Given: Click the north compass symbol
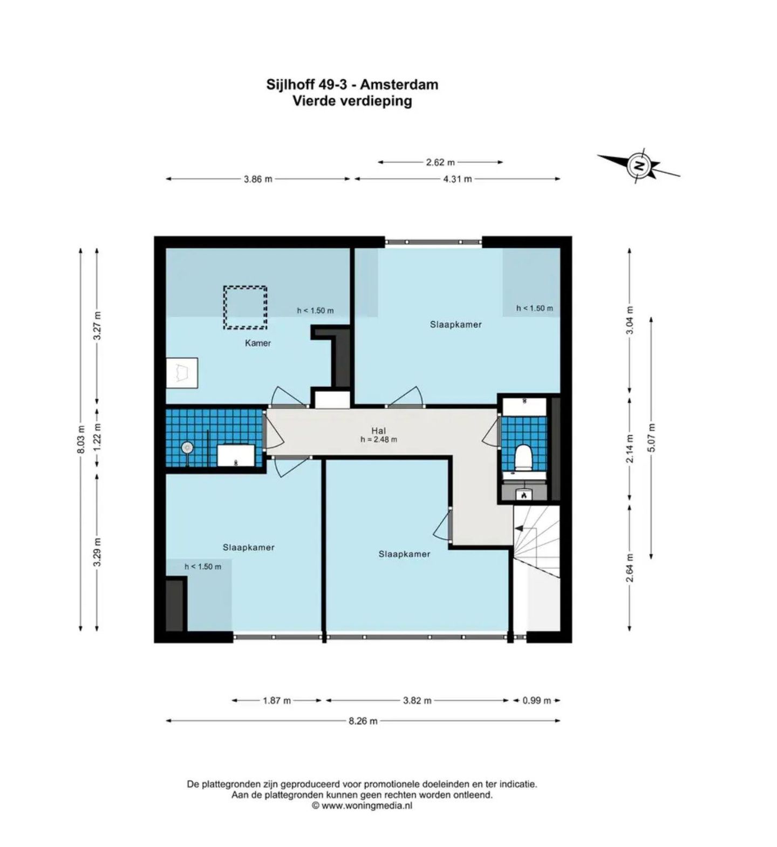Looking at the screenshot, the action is point(639,165).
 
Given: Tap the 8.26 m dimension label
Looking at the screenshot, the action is point(363,721).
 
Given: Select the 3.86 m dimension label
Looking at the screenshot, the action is point(258,179).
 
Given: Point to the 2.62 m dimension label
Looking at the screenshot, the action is point(440,162).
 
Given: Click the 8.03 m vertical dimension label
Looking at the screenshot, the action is point(81,439).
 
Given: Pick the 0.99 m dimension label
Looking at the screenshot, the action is point(536,701).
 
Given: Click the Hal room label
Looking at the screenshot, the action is point(378,430).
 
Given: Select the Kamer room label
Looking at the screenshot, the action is point(258,343).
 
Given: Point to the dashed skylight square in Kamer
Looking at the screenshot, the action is point(246,308).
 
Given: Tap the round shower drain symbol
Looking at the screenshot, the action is point(187,448).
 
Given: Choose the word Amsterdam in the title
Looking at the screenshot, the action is point(399,85).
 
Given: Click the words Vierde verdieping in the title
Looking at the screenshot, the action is point(352,101).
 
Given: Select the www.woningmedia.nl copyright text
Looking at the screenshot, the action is point(362,806).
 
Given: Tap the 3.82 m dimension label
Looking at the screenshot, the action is point(417,701).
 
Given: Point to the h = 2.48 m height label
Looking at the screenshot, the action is point(379,440).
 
